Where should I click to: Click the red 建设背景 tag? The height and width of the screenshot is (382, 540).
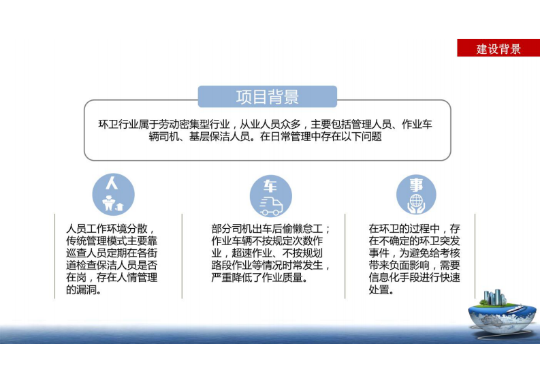coord(498,48)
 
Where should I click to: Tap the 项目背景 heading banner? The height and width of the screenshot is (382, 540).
coord(267,97)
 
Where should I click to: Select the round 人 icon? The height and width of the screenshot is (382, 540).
coord(113,193)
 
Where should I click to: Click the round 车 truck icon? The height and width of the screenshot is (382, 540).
coord(270,195)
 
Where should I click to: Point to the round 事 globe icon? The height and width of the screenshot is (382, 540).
coord(416,195)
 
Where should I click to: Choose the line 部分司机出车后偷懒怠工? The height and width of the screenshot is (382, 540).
coord(267,229)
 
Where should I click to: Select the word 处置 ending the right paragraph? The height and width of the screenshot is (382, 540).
coord(380,290)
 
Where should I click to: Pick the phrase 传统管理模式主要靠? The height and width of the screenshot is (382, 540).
coord(112,241)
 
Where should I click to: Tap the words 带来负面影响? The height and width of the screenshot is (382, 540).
coord(399,266)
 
